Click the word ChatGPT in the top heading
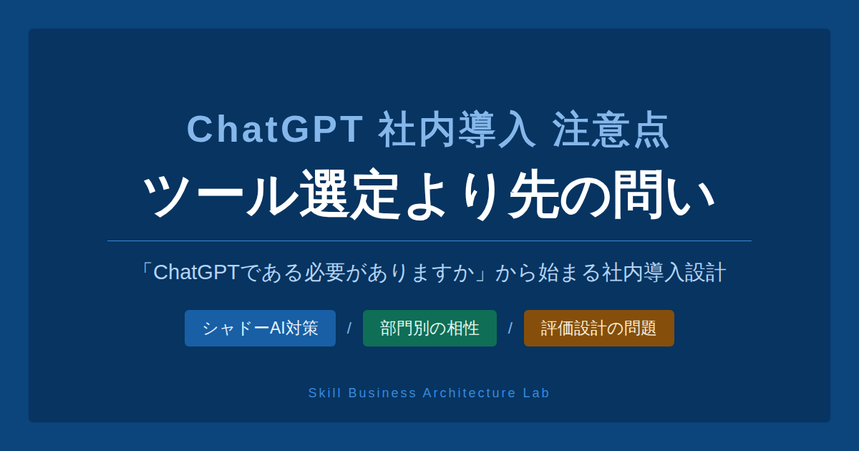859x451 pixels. (x=276, y=130)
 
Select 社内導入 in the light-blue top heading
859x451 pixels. (x=457, y=130)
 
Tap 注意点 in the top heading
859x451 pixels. (x=611, y=130)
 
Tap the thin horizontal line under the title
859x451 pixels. (x=429, y=241)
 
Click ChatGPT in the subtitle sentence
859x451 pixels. (x=195, y=273)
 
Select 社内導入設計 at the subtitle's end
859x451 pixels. (x=664, y=273)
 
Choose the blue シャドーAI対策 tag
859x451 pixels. (x=260, y=329)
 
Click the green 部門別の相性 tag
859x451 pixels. (x=429, y=329)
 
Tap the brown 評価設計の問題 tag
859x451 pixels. (x=598, y=329)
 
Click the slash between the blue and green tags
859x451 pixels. (x=349, y=329)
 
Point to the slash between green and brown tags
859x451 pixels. (x=510, y=329)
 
